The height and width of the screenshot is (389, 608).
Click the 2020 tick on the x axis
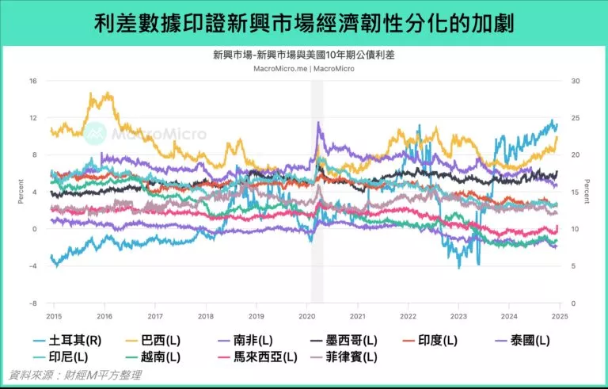(306, 315)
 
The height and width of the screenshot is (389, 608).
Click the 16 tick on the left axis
(32, 81)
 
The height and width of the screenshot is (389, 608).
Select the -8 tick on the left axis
(32, 303)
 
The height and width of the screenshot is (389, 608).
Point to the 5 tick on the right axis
(573, 266)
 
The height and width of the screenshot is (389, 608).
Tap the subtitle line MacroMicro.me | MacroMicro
(304, 68)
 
